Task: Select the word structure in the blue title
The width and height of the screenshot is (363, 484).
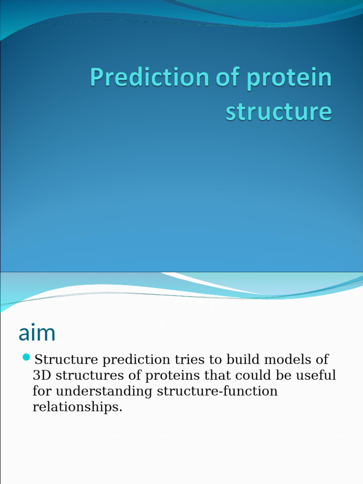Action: tap(279, 111)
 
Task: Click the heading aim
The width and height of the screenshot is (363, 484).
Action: tap(37, 333)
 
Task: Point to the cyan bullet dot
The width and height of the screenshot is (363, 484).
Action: tap(26, 357)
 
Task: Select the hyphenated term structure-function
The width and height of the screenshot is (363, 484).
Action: tap(217, 391)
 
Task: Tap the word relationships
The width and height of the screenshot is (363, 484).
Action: tap(78, 407)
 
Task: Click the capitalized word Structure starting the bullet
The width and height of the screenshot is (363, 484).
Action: tap(66, 360)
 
